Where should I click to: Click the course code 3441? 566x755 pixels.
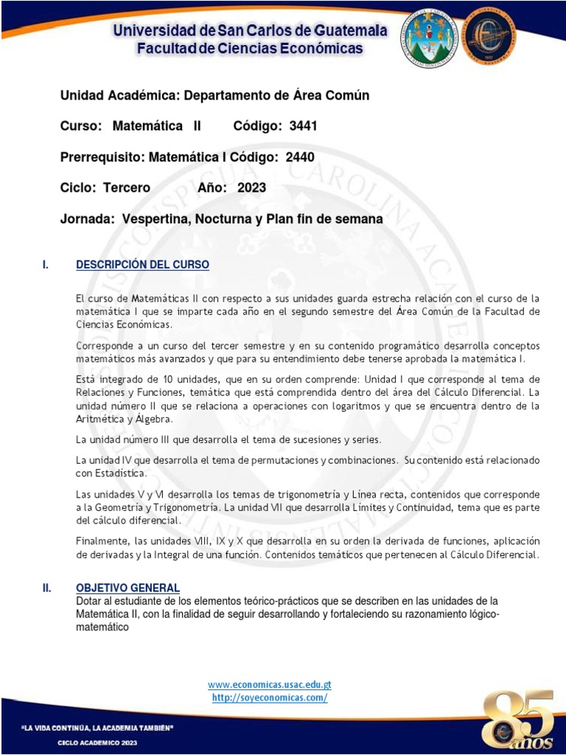coord(303,126)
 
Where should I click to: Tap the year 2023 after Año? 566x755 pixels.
coord(251,188)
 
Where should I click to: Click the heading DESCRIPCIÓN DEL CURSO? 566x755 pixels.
coord(142,265)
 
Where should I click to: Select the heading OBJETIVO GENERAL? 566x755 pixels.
coord(127,588)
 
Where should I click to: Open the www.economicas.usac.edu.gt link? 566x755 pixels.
coord(270,685)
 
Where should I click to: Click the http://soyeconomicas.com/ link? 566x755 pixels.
coord(270,697)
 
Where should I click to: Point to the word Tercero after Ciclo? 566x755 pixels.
coord(126,188)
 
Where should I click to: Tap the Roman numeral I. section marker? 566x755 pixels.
coord(46,265)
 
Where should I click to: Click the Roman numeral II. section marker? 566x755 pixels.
coord(46,588)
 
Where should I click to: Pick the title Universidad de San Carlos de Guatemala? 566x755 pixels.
coord(250,31)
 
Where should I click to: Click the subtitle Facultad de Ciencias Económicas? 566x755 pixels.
coord(250,49)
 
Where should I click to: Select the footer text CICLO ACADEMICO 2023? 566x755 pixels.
coord(97,742)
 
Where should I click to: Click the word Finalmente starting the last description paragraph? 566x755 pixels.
coord(100,541)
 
